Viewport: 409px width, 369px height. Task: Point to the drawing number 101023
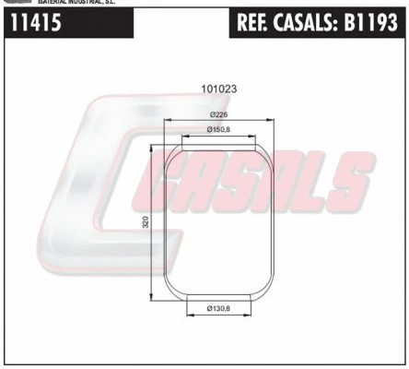pyautogui.click(x=218, y=89)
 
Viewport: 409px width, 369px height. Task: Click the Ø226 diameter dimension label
pyautogui.click(x=218, y=113)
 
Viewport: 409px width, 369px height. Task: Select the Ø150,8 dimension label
pyautogui.click(x=218, y=128)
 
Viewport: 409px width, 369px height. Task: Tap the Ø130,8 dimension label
pyautogui.click(x=218, y=307)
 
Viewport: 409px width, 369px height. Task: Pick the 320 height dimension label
pyautogui.click(x=146, y=221)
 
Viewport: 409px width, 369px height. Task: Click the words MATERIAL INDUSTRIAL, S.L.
pyautogui.click(x=76, y=3)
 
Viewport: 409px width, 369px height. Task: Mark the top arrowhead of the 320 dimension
pyautogui.click(x=154, y=148)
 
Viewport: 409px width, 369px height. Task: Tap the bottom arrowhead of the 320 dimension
pyautogui.click(x=154, y=297)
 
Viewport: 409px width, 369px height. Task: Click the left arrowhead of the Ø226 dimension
pyautogui.click(x=166, y=120)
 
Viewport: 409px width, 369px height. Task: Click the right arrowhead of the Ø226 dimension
pyautogui.click(x=271, y=120)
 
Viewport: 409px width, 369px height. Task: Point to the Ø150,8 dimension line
pyautogui.click(x=218, y=135)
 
